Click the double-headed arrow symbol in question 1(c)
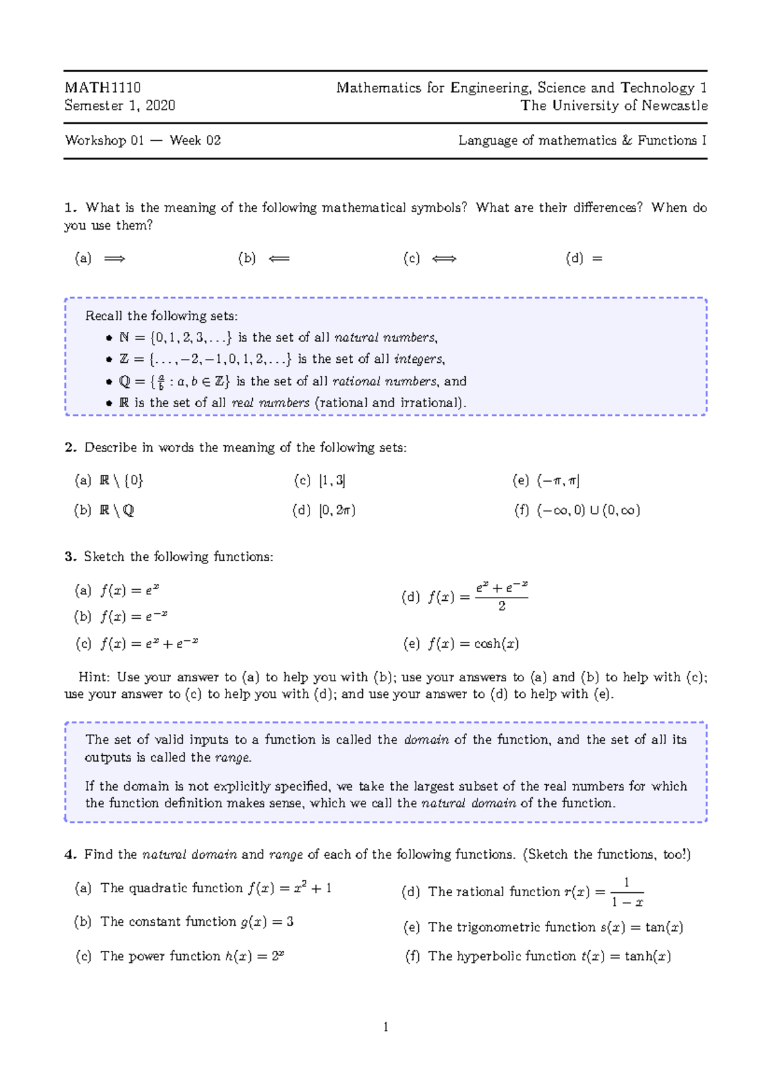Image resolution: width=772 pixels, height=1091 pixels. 444,259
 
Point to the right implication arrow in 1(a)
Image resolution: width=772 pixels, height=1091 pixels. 115,259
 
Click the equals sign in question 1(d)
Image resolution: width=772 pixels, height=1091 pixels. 597,259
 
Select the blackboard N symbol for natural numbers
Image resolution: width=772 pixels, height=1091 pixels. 124,338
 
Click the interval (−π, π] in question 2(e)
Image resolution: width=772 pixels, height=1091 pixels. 558,481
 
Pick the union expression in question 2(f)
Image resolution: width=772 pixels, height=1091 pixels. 588,511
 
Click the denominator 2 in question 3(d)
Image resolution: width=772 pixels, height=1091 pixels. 502,606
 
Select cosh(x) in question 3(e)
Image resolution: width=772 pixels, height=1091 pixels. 496,644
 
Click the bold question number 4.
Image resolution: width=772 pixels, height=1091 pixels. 70,854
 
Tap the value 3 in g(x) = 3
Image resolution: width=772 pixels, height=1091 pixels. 290,922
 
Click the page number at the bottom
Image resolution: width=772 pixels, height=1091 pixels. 385,1027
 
